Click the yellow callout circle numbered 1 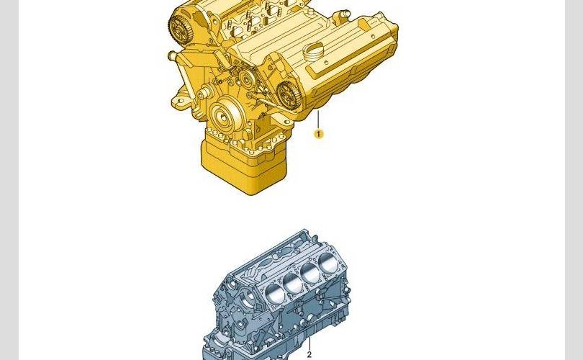pyautogui.click(x=318, y=134)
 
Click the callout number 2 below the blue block pyautogui.click(x=309, y=355)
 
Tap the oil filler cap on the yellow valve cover pyautogui.click(x=313, y=53)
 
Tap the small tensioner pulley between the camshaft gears pyautogui.click(x=246, y=79)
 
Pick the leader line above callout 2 pyautogui.click(x=309, y=344)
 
